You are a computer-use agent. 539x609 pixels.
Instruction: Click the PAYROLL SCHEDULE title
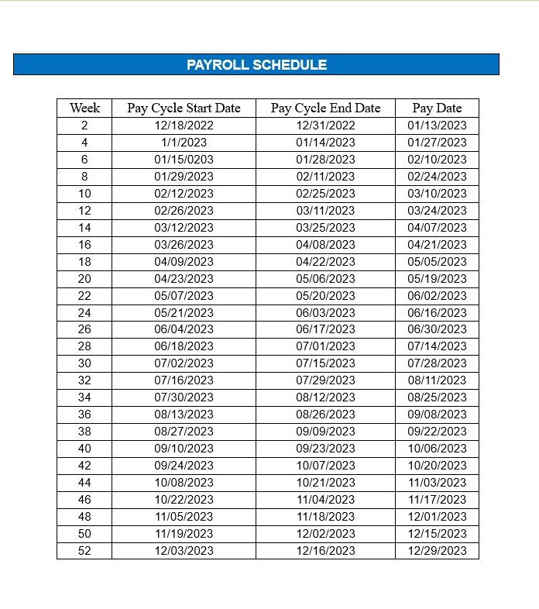(256, 65)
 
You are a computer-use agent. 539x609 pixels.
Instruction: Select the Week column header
(84, 108)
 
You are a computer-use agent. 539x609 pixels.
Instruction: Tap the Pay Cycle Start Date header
(184, 108)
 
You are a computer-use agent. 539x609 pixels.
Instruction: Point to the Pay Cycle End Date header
(325, 108)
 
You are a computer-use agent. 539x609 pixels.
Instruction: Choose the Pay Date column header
(437, 108)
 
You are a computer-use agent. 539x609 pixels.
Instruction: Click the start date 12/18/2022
(184, 126)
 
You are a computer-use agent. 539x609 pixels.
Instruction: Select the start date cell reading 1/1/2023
(184, 143)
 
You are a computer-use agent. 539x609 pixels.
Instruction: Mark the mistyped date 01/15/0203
(184, 160)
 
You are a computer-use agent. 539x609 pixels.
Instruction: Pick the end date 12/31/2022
(325, 126)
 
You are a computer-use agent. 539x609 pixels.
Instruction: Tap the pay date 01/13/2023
(437, 126)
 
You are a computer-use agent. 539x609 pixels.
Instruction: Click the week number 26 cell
(84, 329)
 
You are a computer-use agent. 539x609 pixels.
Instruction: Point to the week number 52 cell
(84, 551)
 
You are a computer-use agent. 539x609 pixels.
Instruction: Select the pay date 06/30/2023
(437, 329)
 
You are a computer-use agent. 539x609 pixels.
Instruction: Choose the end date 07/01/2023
(325, 346)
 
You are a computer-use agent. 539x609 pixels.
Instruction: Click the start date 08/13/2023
(184, 415)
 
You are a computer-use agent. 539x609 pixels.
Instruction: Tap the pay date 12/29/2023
(437, 551)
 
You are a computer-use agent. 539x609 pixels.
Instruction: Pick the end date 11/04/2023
(325, 500)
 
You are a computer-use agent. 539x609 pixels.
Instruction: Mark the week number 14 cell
(84, 228)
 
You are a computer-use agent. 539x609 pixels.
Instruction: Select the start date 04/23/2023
(184, 279)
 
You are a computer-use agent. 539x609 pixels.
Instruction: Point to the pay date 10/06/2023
(437, 449)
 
